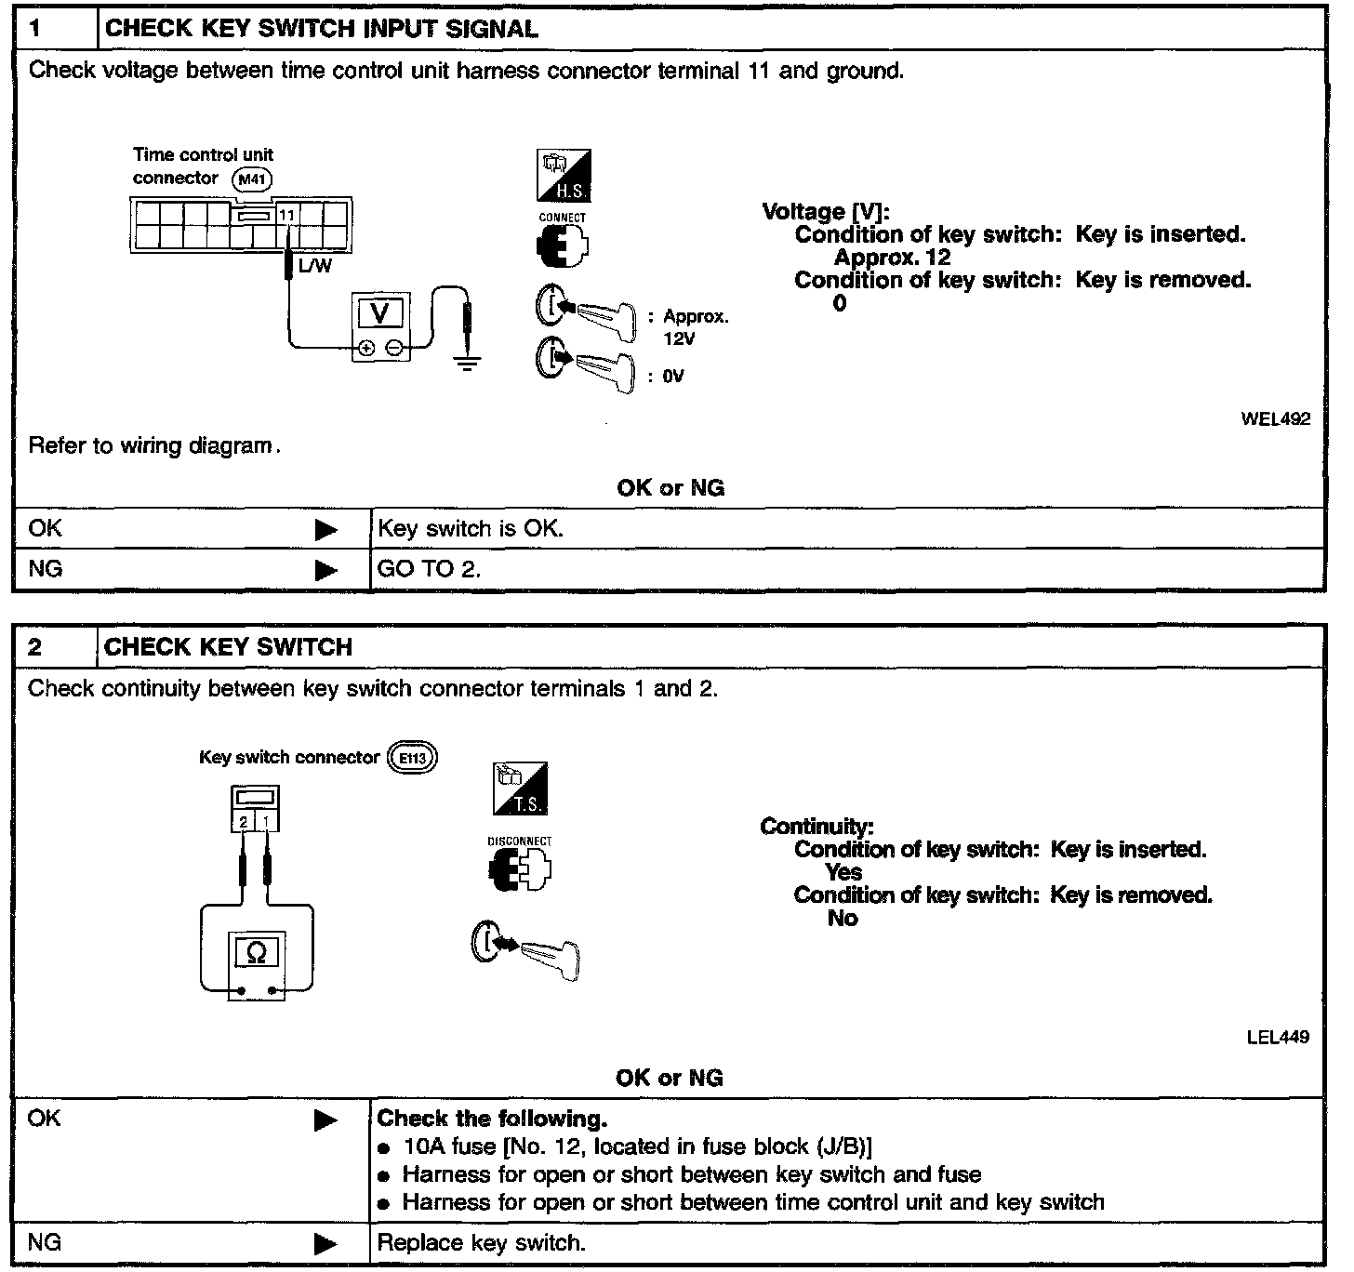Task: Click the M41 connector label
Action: (253, 179)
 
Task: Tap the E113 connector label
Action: (412, 758)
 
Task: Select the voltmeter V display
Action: (380, 313)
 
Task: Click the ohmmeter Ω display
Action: (257, 952)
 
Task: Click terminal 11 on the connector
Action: (287, 215)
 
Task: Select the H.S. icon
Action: (564, 176)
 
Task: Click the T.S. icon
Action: (520, 789)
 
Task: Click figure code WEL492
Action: (1275, 419)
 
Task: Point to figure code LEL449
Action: (1277, 1037)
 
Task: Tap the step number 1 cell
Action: (54, 29)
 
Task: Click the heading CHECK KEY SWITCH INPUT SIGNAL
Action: (322, 29)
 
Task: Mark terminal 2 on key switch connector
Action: (243, 822)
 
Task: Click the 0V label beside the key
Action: (673, 377)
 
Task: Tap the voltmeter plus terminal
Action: (366, 349)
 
